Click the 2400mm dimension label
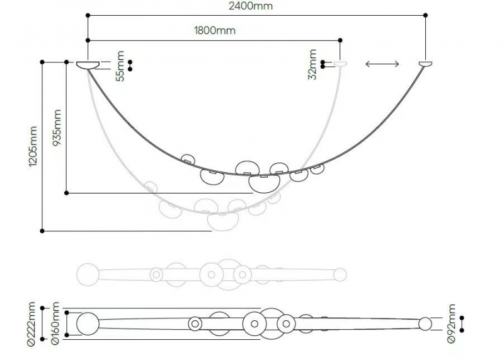pos(250,6)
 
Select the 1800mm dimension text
pos(215,30)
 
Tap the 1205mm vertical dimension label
pos(33,146)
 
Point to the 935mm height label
pos(57,128)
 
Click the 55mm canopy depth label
pos(120,66)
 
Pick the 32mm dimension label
pos(312,64)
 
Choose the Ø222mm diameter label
pos(31,324)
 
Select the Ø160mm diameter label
pos(55,323)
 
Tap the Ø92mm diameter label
pos(451,323)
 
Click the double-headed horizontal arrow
pos(382,64)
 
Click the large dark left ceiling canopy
pos(88,66)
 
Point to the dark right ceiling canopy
pos(425,64)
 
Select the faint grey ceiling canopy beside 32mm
pos(340,64)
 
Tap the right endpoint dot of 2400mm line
pos(426,15)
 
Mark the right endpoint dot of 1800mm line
pos(340,40)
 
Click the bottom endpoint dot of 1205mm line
pos(42,231)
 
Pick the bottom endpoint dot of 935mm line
pos(67,193)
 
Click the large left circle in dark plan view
pos(88,323)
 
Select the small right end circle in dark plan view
pos(425,324)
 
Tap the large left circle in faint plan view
pos(88,274)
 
